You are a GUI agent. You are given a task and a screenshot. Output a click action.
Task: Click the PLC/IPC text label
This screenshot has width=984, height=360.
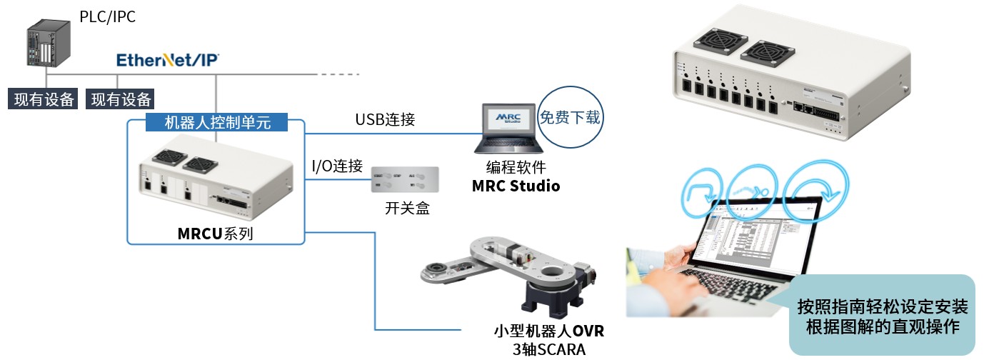[x=107, y=16]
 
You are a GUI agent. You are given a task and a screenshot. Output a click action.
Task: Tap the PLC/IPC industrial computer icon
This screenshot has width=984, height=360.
[x=49, y=44]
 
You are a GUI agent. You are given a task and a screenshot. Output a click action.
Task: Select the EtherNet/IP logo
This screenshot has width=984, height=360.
[x=168, y=60]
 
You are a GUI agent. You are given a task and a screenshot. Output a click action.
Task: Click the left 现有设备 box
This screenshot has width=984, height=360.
[x=44, y=99]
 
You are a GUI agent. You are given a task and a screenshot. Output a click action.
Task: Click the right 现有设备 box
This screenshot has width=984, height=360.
[x=121, y=99]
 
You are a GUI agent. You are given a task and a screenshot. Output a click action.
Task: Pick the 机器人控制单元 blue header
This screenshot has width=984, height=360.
[x=217, y=122]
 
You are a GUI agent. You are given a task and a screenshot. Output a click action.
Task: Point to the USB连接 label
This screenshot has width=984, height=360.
[x=385, y=119]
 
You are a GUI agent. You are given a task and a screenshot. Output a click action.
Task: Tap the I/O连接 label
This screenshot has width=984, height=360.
[x=336, y=166]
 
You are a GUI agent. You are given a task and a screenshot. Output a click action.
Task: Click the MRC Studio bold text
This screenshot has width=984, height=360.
[x=516, y=186]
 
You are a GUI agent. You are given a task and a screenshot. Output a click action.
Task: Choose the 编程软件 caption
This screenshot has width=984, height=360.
[x=516, y=169]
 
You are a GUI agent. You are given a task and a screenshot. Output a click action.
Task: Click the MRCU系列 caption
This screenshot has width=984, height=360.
[x=215, y=234]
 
